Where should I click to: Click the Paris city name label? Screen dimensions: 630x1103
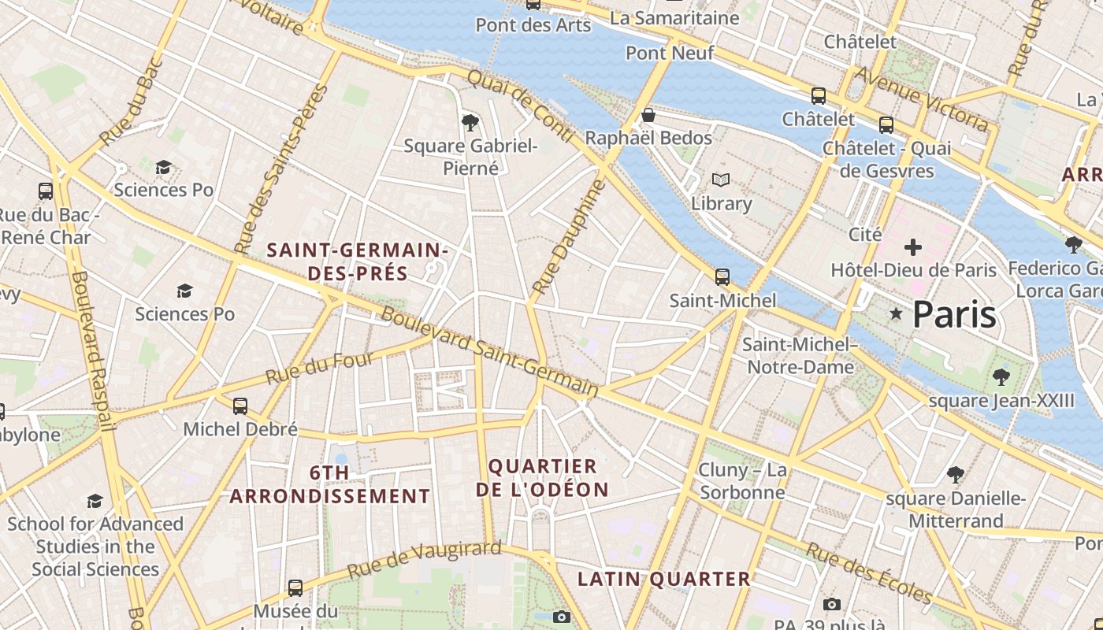point(954,314)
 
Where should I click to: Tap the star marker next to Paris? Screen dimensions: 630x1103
point(896,314)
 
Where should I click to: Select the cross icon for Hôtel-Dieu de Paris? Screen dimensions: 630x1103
point(913,247)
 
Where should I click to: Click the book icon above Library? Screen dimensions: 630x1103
point(721,180)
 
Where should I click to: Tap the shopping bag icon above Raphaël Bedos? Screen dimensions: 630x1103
point(648,115)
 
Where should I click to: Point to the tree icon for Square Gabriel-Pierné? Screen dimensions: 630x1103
point(470,122)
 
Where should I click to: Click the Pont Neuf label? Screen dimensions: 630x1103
point(670,53)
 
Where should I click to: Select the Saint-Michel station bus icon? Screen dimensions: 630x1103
point(722,277)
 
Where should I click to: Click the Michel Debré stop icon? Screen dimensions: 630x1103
point(240,406)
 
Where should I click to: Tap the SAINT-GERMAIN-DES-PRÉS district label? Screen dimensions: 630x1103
point(357,261)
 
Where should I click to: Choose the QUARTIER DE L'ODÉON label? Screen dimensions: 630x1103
point(542,477)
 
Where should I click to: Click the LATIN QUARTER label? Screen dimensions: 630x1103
point(664,579)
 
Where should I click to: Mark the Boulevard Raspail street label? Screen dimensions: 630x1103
point(92,350)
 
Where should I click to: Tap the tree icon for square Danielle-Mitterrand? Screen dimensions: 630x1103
point(956,475)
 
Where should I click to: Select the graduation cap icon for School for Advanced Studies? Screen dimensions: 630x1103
point(95,501)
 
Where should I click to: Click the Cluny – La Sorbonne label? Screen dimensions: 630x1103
point(742,481)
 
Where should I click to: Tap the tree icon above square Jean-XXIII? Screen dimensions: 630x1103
point(1001,376)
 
